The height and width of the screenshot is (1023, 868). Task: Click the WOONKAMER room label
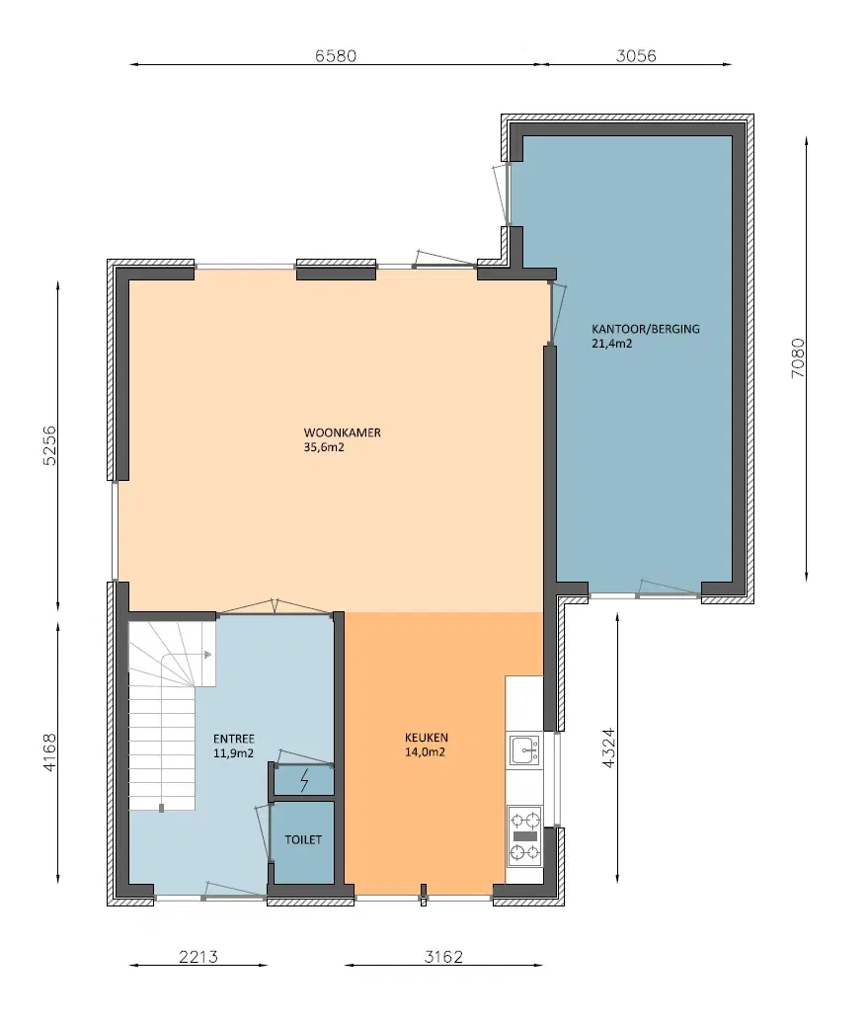click(343, 433)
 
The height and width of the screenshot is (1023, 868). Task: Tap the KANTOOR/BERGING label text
click(646, 329)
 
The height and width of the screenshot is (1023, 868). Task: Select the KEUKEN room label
click(427, 738)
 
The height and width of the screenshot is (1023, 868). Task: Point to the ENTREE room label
click(234, 739)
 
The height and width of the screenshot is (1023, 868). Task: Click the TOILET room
click(303, 840)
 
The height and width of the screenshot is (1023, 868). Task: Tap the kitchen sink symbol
click(523, 750)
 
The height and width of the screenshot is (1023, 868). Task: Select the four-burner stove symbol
click(524, 835)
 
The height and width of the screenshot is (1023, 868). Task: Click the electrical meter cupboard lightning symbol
click(304, 781)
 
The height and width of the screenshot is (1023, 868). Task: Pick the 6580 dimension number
click(335, 55)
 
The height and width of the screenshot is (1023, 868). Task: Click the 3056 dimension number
click(636, 55)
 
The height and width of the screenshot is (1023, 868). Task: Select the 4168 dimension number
click(49, 753)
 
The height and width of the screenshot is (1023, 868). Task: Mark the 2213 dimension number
click(197, 956)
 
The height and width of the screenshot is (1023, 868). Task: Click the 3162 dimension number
click(443, 956)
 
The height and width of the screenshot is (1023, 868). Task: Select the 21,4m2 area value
click(612, 345)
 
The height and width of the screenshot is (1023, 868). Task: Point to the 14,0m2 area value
click(426, 752)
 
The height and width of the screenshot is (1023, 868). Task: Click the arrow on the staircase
click(207, 654)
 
